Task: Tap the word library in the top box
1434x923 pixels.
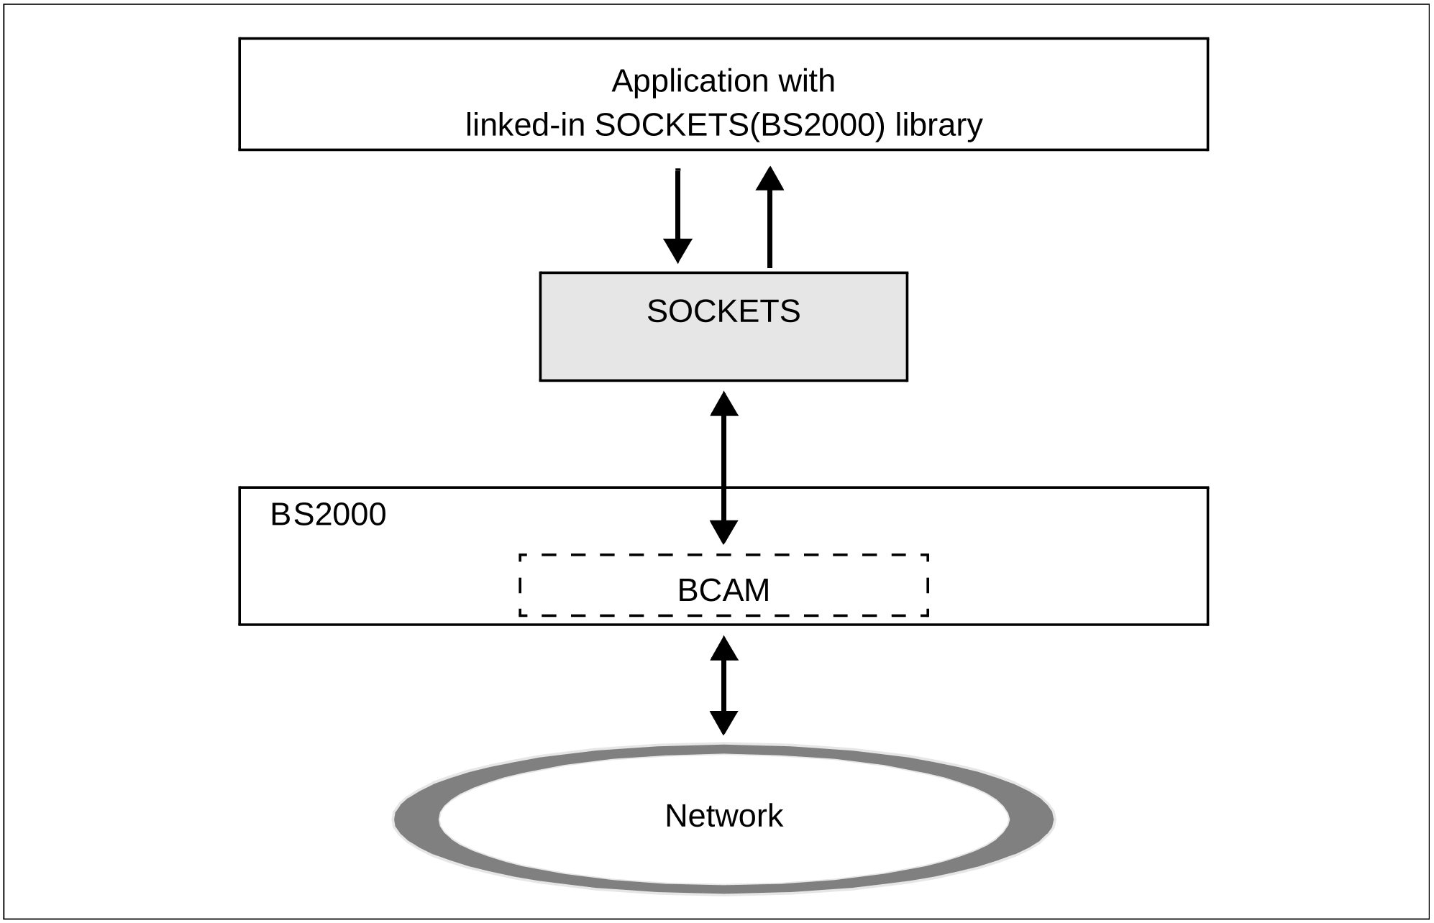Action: coord(939,125)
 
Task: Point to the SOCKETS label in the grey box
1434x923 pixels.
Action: coord(723,311)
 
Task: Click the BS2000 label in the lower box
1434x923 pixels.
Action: coord(328,515)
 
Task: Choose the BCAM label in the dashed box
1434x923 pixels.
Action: coord(723,590)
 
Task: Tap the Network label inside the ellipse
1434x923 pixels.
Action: coord(723,816)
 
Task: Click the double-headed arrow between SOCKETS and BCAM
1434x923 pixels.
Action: coord(723,467)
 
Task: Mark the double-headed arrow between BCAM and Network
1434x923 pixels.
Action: coord(723,685)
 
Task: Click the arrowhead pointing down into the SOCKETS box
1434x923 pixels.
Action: coord(677,251)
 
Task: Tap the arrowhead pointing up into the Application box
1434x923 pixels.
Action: coord(769,179)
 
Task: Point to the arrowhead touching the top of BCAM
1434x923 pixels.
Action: coord(723,531)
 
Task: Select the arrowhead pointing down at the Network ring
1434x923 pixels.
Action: coord(723,722)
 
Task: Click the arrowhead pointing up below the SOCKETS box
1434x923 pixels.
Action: coord(723,404)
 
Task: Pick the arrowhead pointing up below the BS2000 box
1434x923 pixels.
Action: coord(723,649)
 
